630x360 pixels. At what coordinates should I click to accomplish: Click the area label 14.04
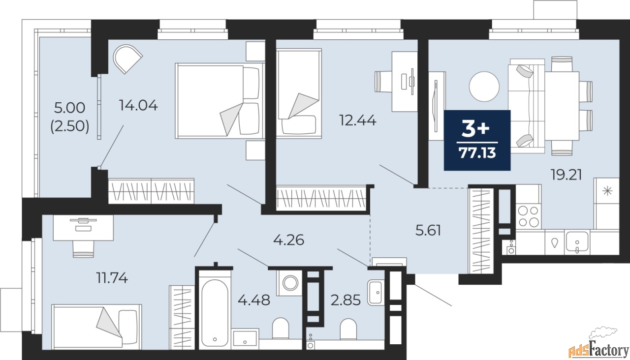click(138, 105)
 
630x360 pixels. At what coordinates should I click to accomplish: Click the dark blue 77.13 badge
click(477, 140)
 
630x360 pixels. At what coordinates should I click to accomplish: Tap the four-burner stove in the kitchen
click(528, 215)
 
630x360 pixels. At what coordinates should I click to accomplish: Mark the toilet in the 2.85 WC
click(348, 329)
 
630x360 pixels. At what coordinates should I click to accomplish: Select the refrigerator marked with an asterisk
click(607, 192)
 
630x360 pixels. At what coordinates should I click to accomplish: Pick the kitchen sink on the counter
click(577, 243)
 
